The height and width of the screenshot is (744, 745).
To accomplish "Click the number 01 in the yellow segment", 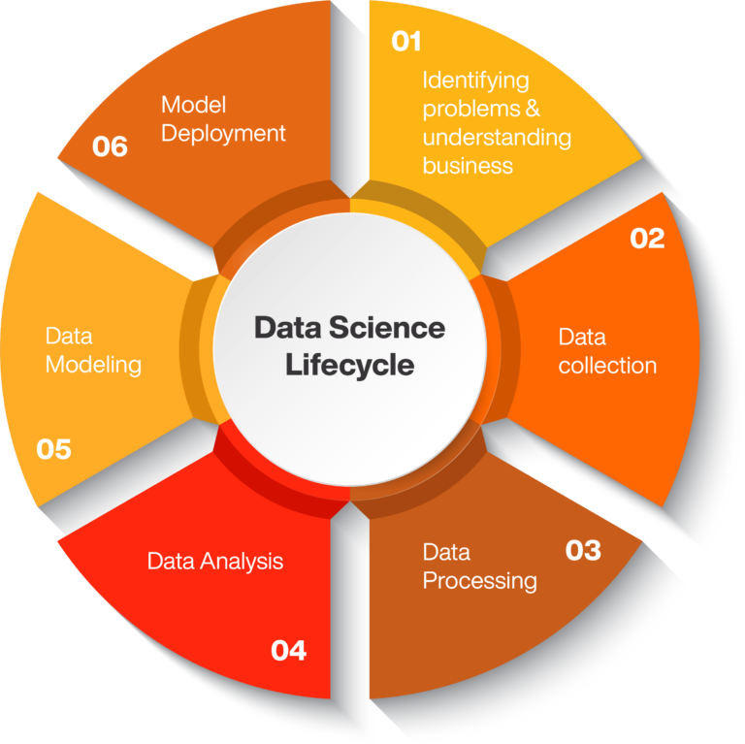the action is click(406, 42).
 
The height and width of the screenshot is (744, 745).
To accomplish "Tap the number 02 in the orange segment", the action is click(647, 239).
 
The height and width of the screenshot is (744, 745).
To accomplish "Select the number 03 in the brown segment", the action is click(583, 551).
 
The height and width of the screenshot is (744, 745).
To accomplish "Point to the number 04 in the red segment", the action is click(288, 651).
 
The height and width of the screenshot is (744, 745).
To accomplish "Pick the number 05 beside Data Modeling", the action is click(53, 449).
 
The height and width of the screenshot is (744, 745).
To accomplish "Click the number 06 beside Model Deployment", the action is click(110, 146).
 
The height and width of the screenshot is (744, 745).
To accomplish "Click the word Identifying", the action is click(475, 81).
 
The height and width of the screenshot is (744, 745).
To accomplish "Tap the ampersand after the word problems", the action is click(533, 109).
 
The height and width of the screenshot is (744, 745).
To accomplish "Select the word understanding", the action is click(497, 139).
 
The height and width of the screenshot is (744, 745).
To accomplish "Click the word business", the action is click(468, 166).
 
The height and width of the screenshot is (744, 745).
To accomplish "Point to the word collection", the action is click(607, 366).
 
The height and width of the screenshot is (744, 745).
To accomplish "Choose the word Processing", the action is click(480, 581).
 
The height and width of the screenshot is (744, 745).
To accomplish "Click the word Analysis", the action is click(242, 562).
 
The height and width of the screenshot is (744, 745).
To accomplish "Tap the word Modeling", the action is click(93, 366).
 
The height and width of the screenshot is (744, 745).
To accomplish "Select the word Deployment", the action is click(223, 134).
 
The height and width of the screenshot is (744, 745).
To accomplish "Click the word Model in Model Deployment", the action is click(193, 105).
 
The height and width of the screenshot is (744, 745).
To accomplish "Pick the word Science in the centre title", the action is click(387, 328).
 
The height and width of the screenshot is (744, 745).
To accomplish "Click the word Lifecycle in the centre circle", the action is click(349, 366).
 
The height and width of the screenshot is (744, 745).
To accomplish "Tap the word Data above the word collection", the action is click(582, 338).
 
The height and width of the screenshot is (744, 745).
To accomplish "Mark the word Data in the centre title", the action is click(288, 328).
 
